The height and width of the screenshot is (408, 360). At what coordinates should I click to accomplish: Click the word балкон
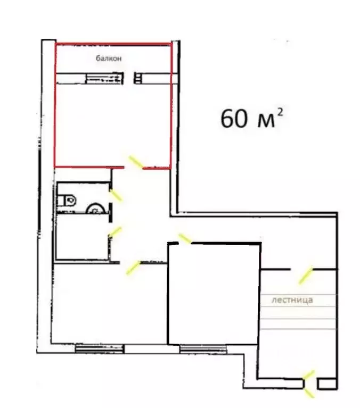point(109,58)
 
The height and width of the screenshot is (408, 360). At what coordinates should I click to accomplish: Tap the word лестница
point(292,300)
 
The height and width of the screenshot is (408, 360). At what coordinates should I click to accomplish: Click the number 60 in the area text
point(234,119)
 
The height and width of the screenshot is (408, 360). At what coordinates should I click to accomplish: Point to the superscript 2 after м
point(280,113)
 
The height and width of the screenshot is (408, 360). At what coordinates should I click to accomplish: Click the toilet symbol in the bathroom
point(67,201)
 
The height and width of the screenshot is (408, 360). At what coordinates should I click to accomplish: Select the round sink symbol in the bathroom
point(95,209)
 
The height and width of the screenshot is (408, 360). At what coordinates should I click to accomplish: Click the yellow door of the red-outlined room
point(136,162)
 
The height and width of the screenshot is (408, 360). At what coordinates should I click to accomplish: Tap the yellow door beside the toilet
point(116,195)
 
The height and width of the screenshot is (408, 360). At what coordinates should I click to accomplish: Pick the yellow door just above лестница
point(305,276)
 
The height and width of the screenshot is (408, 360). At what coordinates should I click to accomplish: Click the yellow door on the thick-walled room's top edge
point(185,239)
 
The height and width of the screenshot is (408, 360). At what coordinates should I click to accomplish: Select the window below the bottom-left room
point(100,348)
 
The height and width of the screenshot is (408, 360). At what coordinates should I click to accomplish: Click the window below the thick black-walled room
point(203,348)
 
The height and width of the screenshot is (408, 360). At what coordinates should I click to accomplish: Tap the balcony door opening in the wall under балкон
point(129,78)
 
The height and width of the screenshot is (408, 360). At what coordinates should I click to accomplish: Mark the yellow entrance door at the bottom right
point(309,385)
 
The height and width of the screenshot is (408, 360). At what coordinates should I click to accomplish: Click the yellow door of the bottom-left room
point(133,268)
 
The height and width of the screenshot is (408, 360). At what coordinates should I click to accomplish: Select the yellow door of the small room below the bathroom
point(115,231)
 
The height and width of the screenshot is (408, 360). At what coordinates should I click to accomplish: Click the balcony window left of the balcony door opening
point(104,78)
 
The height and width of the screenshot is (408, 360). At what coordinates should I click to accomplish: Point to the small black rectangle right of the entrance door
point(327,384)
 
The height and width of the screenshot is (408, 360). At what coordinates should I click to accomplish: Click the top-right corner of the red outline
point(171,44)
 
